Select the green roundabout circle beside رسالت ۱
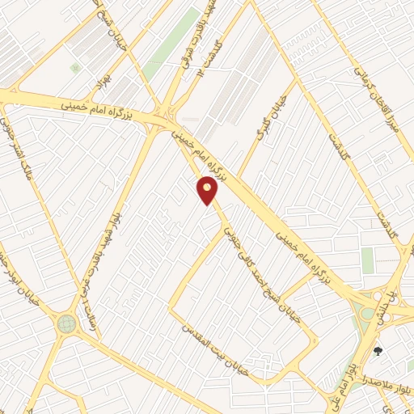click(x=66, y=324)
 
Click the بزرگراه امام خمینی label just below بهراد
click(x=95, y=107)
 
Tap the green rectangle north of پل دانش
click(x=368, y=260)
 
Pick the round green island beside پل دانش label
click(x=369, y=312)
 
